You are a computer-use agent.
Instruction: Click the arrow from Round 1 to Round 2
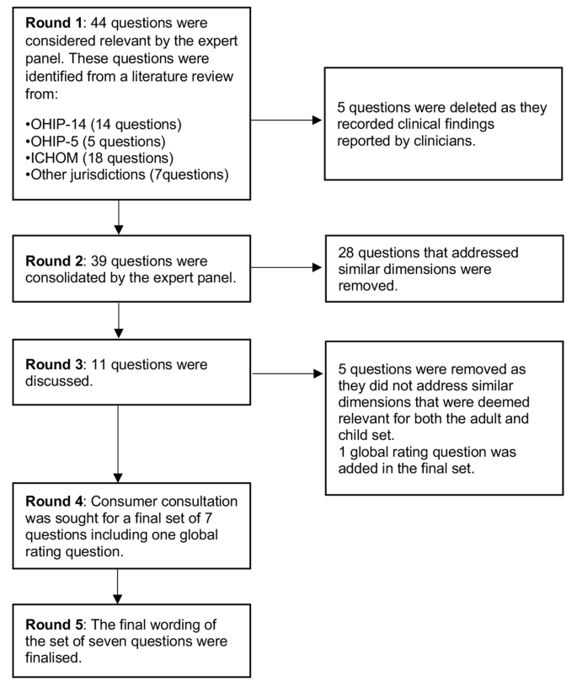click(119, 217)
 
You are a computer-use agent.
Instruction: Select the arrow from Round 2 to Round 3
click(119, 320)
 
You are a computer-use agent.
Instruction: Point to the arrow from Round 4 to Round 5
click(119, 586)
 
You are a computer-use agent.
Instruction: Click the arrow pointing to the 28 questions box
click(286, 267)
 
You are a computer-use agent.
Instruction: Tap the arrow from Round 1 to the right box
click(286, 120)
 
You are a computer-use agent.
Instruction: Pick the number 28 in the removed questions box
click(347, 253)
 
